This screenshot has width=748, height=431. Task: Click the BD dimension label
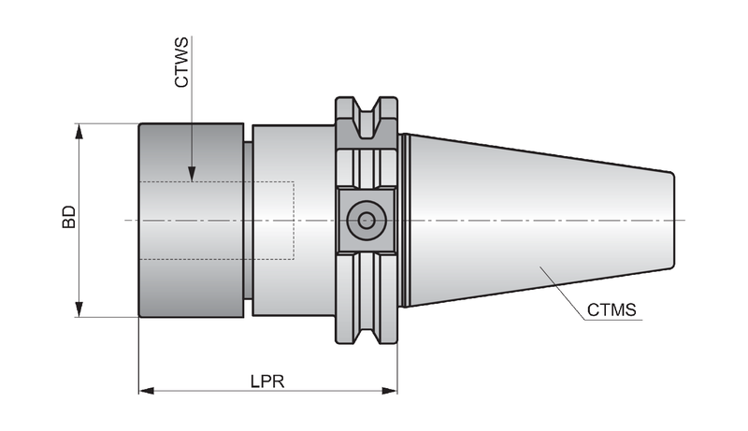pyautogui.click(x=69, y=217)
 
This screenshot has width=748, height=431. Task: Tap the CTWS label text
pyautogui.click(x=181, y=63)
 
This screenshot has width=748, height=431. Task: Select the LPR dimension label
pyautogui.click(x=267, y=381)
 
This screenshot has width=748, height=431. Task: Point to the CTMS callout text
pyautogui.click(x=611, y=309)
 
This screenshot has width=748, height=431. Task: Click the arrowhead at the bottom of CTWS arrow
pyautogui.click(x=192, y=174)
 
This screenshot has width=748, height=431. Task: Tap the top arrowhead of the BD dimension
pyautogui.click(x=79, y=132)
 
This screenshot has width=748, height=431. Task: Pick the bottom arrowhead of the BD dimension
pyautogui.click(x=79, y=309)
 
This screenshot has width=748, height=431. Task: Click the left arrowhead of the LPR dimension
pyautogui.click(x=147, y=391)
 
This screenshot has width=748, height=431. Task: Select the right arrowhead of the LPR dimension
pyautogui.click(x=389, y=391)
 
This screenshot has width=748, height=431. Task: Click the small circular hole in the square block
pyautogui.click(x=367, y=221)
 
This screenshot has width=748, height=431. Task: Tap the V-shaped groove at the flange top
pyautogui.click(x=367, y=118)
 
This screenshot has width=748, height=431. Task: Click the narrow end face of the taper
pyautogui.click(x=672, y=220)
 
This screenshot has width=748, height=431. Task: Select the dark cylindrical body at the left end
pyautogui.click(x=192, y=220)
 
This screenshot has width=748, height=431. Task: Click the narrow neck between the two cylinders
pyautogui.click(x=248, y=220)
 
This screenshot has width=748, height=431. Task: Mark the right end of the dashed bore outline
pyautogui.click(x=294, y=221)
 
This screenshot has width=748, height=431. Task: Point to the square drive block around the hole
pyautogui.click(x=367, y=221)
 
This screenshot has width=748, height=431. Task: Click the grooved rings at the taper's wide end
pyautogui.click(x=406, y=220)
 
